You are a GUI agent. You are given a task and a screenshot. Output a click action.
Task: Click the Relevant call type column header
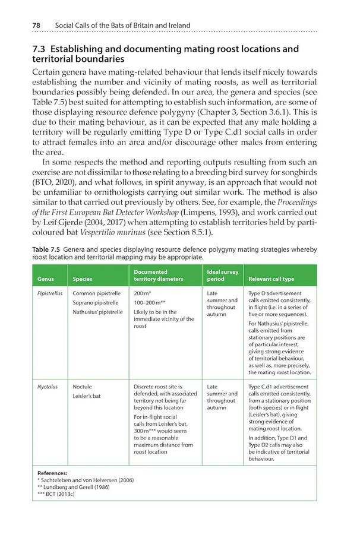[x=271, y=279]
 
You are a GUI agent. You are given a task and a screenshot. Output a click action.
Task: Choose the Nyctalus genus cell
[x=48, y=387]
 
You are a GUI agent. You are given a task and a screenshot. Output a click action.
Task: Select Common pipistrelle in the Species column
[x=96, y=293]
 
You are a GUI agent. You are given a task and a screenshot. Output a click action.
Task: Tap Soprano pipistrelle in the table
[x=96, y=303]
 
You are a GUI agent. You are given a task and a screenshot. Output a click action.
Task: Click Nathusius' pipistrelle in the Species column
[x=97, y=312]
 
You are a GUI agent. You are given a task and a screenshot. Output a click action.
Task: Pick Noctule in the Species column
[x=82, y=387]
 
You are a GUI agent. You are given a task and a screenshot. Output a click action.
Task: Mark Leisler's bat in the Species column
[x=87, y=396]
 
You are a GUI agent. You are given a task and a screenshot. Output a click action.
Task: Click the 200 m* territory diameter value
[x=143, y=293]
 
